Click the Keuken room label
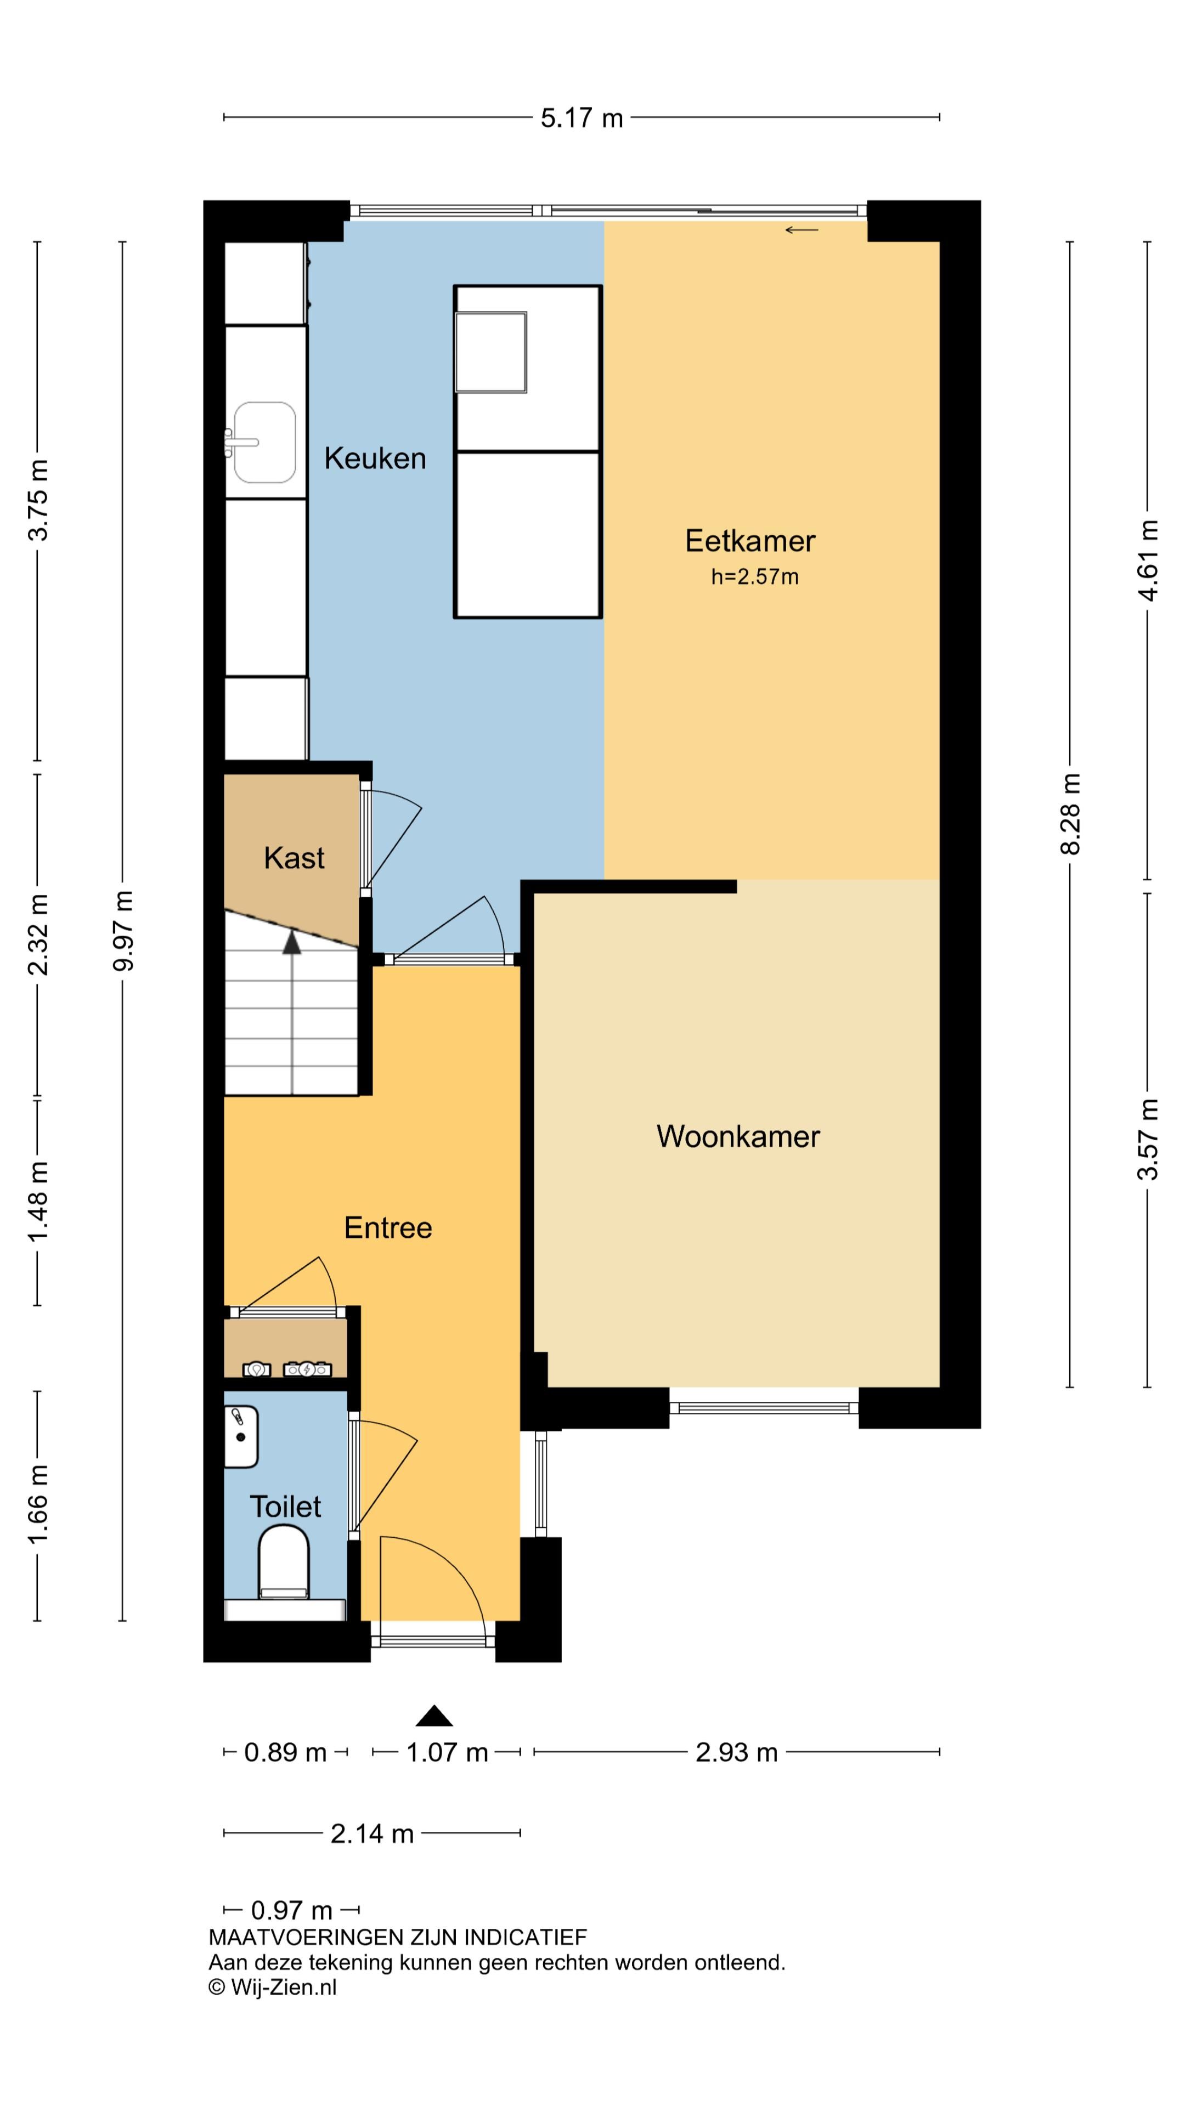(375, 458)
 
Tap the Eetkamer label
(750, 541)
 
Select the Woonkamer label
(738, 1136)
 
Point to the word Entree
(388, 1228)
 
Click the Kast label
(294, 858)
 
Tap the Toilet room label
(285, 1507)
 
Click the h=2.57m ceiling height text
(754, 577)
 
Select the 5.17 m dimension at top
(582, 118)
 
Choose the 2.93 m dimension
(736, 1753)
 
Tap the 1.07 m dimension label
(447, 1753)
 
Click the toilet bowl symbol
(284, 1562)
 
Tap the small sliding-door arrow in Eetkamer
(802, 230)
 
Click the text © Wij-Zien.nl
(272, 1988)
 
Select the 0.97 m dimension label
(291, 1911)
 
